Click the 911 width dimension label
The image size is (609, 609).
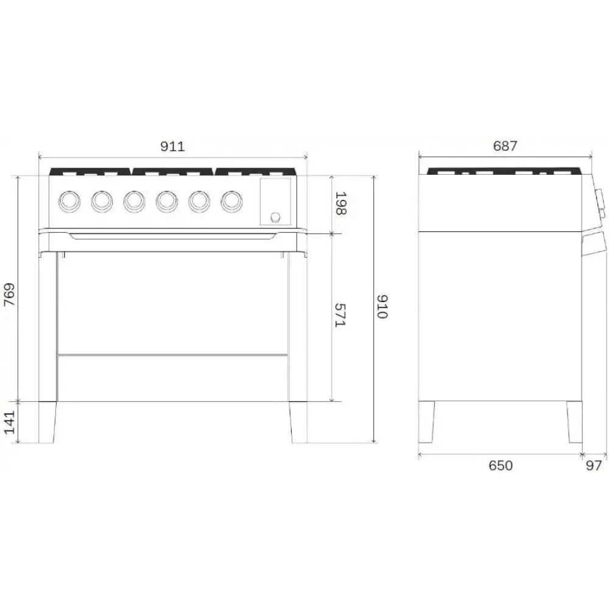pos(172,146)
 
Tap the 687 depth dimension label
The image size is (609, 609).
pos(505,146)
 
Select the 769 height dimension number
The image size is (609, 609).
pos(9,297)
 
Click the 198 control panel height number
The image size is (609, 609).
pos(340,203)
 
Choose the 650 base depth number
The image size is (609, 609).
pos(501,466)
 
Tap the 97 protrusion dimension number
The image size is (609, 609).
pos(594,466)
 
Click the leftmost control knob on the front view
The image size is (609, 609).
pos(68,200)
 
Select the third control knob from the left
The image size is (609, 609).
pos(133,200)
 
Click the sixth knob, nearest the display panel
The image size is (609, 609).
pos(231,200)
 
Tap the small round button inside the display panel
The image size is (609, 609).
pos(275,216)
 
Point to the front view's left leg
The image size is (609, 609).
pos(48,421)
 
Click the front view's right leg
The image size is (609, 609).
pos(298,421)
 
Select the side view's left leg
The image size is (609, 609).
pos(426,421)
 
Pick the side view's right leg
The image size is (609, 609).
pos(574,421)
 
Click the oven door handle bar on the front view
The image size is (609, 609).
pos(173,236)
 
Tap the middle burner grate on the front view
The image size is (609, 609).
pos(173,172)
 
